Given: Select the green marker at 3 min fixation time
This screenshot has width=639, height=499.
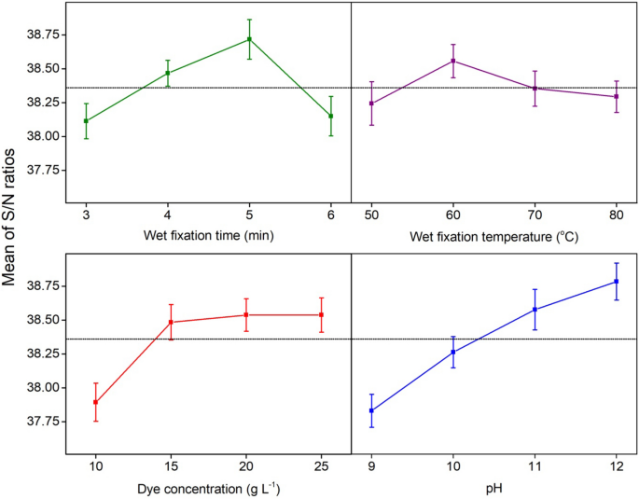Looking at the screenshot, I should coord(86,121).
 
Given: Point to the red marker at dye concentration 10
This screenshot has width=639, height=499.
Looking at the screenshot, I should coord(95,402).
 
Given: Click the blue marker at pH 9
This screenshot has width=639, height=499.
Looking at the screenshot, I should coord(371,410).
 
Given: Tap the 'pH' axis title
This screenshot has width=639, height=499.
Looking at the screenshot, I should coord(494,488).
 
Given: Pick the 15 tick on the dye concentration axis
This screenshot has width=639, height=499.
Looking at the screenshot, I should coord(171,464).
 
